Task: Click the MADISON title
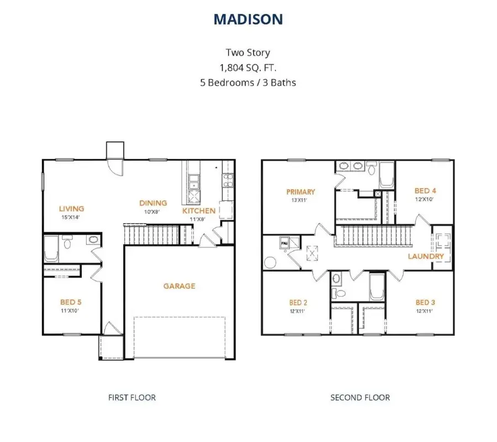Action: click(x=248, y=19)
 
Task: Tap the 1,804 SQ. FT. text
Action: click(x=248, y=67)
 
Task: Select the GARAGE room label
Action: click(x=179, y=286)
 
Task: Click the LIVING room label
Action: click(x=72, y=209)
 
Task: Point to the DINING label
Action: click(x=153, y=203)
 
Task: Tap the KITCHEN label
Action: click(x=199, y=211)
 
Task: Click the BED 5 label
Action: click(x=71, y=302)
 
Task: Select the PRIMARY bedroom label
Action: click(x=301, y=192)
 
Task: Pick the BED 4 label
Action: click(x=425, y=190)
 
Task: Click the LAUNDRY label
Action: click(x=426, y=256)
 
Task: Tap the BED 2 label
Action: click(x=298, y=303)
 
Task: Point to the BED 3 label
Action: click(x=425, y=303)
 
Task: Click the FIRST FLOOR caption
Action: click(x=132, y=398)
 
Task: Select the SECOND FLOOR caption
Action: click(x=360, y=398)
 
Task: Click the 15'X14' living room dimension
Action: click(x=70, y=217)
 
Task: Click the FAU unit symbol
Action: click(x=284, y=243)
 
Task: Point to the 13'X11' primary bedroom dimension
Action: click(x=299, y=200)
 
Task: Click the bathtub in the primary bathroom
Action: click(x=387, y=175)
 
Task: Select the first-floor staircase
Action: click(x=151, y=235)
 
